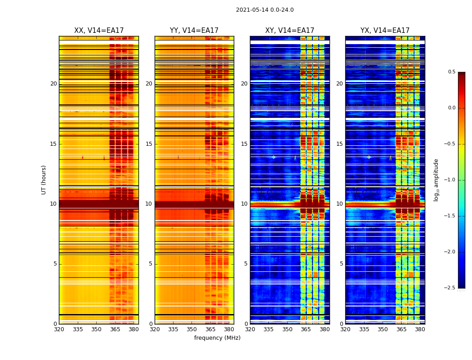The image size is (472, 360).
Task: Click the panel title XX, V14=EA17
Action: coord(99,31)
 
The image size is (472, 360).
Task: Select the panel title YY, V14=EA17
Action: coord(194,31)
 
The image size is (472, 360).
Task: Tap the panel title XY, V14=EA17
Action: coord(289,31)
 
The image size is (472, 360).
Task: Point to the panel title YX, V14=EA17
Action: coord(385,31)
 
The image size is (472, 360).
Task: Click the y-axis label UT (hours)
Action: coord(44,180)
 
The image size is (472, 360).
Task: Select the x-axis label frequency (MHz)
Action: coord(217,338)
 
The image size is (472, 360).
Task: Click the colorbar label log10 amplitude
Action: coord(436,180)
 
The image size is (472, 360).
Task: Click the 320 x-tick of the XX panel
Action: coord(59,329)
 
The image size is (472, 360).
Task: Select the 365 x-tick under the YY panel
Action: coord(210,329)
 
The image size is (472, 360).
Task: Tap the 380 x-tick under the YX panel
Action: coord(420,329)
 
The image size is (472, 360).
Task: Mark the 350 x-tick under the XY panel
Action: coord(287,329)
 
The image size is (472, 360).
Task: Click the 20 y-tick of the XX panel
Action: coord(53,84)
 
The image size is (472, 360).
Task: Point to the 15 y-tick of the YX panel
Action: coord(340,144)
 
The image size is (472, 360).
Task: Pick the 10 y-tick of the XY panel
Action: coord(245,204)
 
